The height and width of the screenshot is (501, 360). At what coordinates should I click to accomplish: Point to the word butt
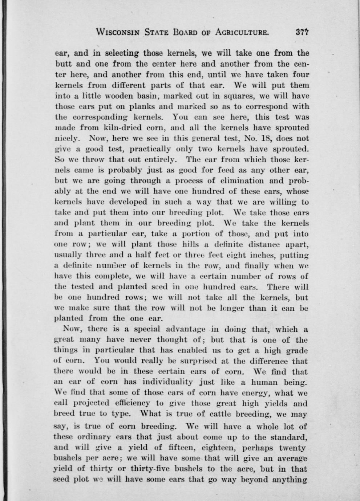(62, 64)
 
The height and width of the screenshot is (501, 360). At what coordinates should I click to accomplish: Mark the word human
(268, 383)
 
